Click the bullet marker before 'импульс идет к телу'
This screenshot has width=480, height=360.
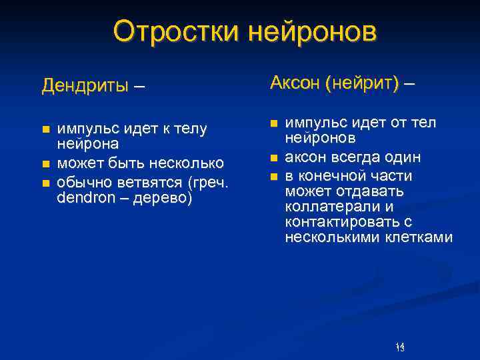[x=45, y=128]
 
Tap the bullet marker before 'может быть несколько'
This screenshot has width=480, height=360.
[x=45, y=163]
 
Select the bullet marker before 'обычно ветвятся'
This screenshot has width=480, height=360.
[x=45, y=182]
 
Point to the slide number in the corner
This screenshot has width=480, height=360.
[x=400, y=347]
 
